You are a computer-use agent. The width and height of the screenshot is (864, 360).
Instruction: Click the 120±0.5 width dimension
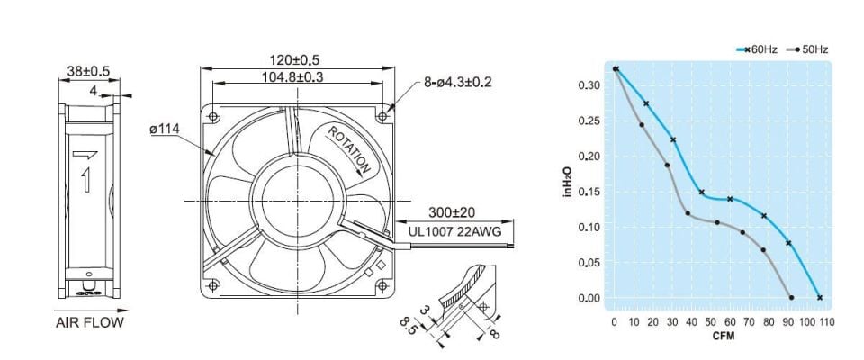[x=295, y=59]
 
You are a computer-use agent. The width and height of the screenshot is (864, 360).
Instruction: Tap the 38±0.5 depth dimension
[x=88, y=69]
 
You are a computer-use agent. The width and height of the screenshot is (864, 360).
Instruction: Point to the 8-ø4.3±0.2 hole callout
[x=458, y=82]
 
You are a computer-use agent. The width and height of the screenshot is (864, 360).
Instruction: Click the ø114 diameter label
[x=166, y=130]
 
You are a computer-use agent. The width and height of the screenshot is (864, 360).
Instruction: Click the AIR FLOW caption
[x=88, y=322]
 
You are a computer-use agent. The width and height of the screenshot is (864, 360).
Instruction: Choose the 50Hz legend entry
[x=807, y=49]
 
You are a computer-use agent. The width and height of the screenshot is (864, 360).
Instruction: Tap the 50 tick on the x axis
[x=711, y=321]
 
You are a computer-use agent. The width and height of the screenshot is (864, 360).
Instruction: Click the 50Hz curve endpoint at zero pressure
[x=791, y=298]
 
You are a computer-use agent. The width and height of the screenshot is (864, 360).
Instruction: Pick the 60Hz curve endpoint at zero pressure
[x=819, y=298]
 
